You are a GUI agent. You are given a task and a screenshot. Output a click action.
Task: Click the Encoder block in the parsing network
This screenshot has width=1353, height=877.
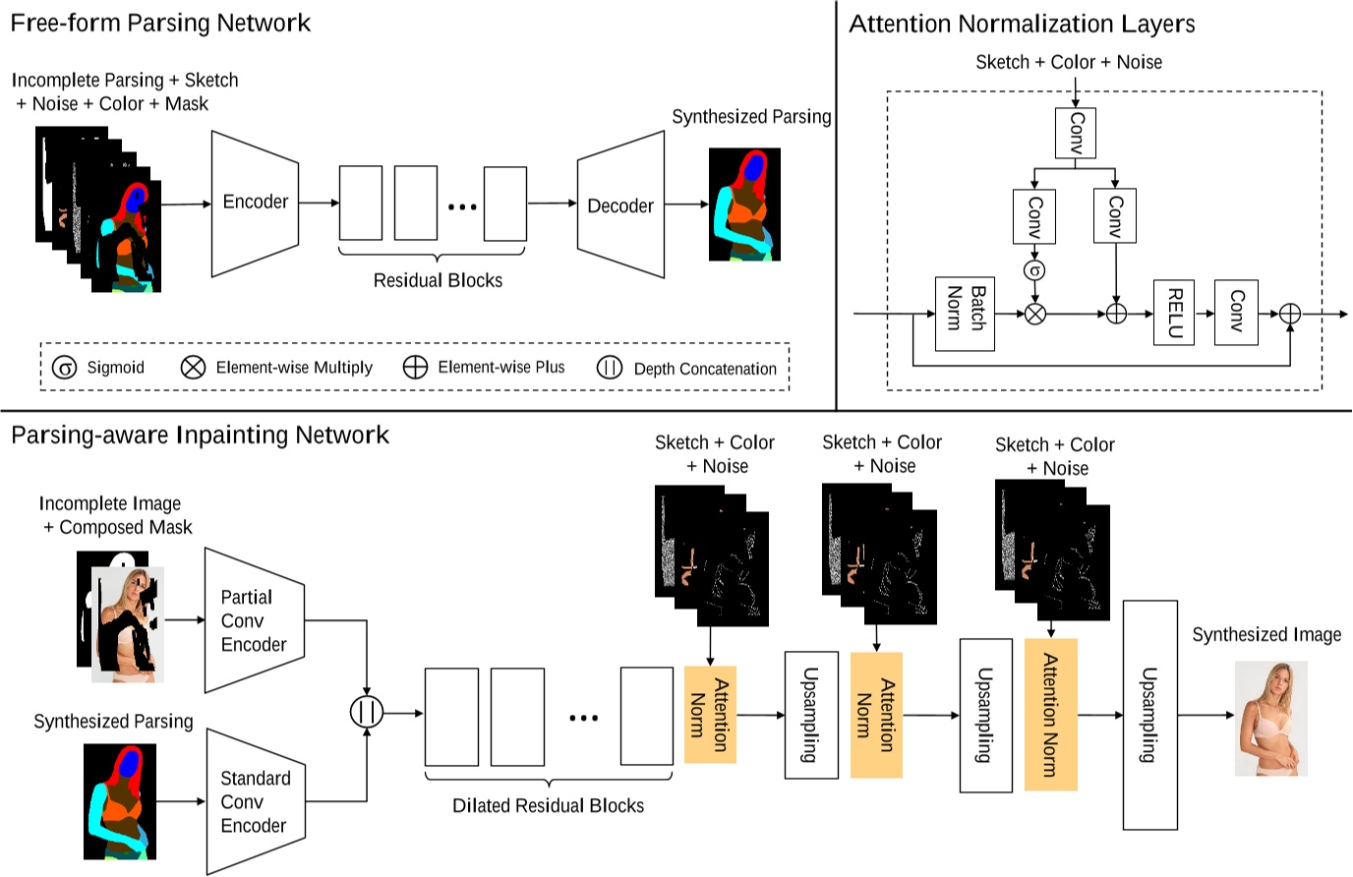pyautogui.click(x=255, y=203)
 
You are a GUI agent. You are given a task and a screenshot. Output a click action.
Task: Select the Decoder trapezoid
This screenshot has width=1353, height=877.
pyautogui.click(x=620, y=205)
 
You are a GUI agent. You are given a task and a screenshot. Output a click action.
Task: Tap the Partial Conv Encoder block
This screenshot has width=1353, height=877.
pyautogui.click(x=254, y=621)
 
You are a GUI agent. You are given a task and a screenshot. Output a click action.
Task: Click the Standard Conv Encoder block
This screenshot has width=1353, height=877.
pyautogui.click(x=254, y=802)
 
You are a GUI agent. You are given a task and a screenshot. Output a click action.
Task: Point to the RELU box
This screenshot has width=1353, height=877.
pyautogui.click(x=1173, y=313)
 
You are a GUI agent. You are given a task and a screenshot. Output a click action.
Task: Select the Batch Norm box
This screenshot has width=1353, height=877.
pyautogui.click(x=964, y=314)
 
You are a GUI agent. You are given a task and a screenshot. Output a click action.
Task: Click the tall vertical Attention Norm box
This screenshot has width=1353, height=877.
pyautogui.click(x=1050, y=715)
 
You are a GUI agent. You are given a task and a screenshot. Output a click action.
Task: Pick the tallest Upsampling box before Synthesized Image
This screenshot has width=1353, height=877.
pyautogui.click(x=1149, y=715)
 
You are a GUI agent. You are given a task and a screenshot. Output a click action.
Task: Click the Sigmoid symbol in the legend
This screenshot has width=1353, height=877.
pyautogui.click(x=64, y=368)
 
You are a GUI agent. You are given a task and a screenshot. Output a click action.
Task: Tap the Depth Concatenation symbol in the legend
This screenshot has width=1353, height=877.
pyautogui.click(x=610, y=368)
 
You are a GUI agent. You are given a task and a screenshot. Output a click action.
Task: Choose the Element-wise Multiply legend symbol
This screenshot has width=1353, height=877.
pyautogui.click(x=193, y=368)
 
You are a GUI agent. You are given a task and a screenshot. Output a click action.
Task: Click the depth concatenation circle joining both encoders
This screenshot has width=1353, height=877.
pyautogui.click(x=367, y=712)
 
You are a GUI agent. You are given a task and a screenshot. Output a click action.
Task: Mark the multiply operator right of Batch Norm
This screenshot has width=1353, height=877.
pyautogui.click(x=1034, y=314)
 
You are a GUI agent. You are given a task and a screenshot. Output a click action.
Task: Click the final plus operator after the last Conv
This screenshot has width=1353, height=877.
pyautogui.click(x=1289, y=314)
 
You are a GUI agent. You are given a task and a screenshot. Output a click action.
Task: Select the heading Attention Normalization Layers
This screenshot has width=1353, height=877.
pyautogui.click(x=1022, y=24)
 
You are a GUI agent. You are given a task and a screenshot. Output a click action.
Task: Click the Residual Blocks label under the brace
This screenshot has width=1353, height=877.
pyautogui.click(x=438, y=280)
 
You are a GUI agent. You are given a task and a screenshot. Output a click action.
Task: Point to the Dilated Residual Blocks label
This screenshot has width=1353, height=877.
pyautogui.click(x=548, y=806)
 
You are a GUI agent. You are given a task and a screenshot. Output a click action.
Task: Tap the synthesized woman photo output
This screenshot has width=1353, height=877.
pyautogui.click(x=1270, y=719)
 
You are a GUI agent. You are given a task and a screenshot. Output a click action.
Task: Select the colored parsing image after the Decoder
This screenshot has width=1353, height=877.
pyautogui.click(x=744, y=205)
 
